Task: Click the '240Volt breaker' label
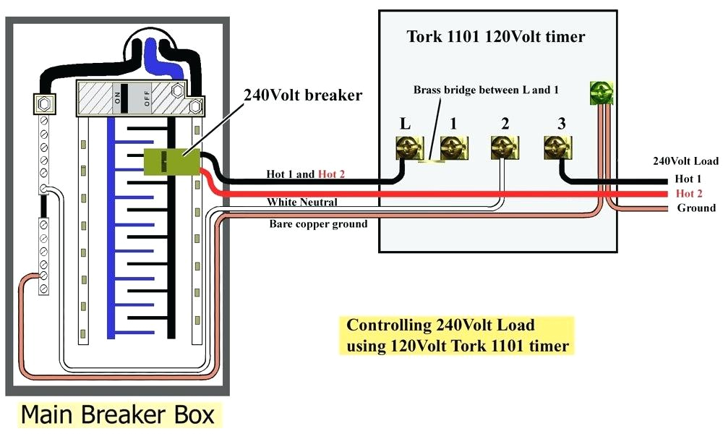(303, 95)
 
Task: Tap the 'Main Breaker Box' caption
(117, 414)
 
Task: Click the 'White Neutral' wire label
(301, 202)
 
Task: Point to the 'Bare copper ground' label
(318, 224)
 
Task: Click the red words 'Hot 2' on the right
(688, 194)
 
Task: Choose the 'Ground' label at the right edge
(696, 208)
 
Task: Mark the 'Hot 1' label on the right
(688, 179)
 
